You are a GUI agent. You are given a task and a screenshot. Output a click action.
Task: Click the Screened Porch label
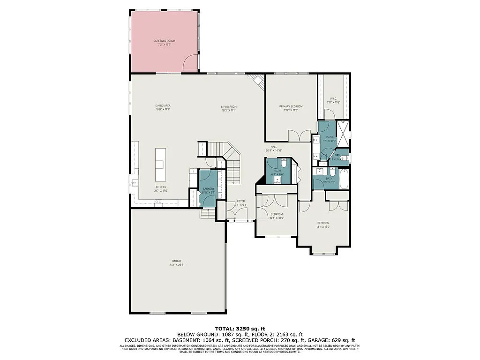(164, 41)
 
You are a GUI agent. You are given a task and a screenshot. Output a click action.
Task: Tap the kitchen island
(161, 165)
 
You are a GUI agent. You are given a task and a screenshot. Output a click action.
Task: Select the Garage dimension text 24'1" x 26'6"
(177, 265)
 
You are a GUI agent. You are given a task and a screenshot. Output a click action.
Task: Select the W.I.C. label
(333, 98)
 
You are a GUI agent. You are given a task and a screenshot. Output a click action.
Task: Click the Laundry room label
(208, 188)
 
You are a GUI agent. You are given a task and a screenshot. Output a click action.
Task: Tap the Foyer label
(240, 201)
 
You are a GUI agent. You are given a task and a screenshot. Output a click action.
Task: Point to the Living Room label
(229, 106)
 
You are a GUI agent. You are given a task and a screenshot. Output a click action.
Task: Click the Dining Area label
(162, 105)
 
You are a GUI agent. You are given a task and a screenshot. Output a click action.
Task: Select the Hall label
(274, 147)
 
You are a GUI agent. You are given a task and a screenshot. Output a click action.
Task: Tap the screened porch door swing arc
(190, 62)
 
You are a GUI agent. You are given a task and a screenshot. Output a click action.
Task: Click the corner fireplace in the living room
(257, 82)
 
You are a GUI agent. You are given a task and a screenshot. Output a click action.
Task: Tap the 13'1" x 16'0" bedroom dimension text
(323, 227)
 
